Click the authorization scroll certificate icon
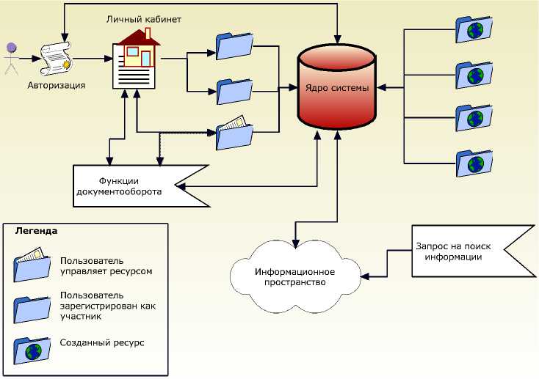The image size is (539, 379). pos(56,57)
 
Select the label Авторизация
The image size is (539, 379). pos(57,85)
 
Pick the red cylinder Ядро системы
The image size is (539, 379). pos(336,88)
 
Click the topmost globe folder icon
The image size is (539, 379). pos(474,29)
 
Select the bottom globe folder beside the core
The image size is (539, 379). pos(474,162)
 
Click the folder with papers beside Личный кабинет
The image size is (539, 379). pos(234,133)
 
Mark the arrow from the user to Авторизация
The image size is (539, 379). pos(29,57)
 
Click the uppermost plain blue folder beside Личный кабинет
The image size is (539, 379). pos(234,45)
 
